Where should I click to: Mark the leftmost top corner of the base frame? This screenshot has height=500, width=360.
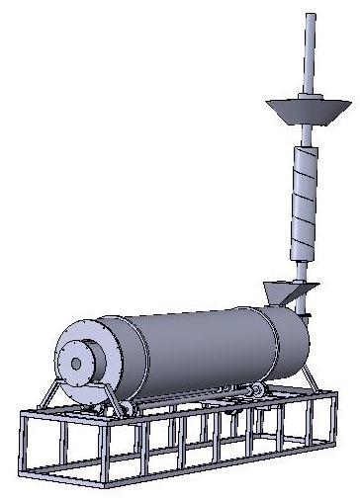(22, 413)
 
